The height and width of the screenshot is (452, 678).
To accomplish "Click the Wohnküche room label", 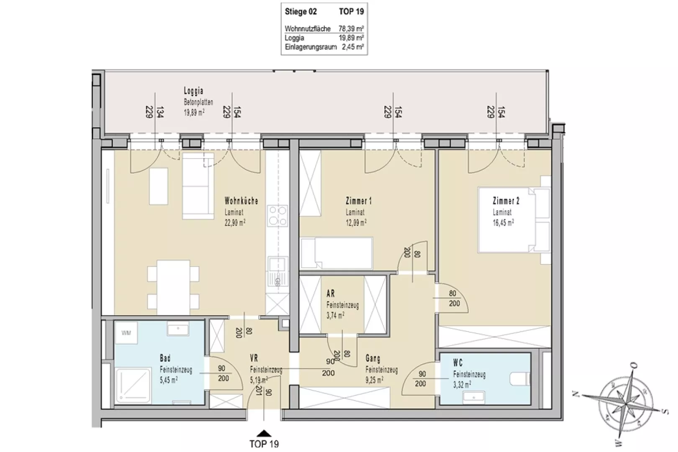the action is coord(241,201).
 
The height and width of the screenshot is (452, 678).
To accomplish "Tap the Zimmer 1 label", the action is coord(359,201).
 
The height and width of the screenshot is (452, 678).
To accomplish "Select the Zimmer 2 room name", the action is coord(506,201).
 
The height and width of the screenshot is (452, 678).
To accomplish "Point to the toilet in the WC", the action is coord(520,379).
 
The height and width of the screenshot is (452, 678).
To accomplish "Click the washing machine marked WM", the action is coord(126,333).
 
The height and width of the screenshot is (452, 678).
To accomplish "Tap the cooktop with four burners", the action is coord(277,216).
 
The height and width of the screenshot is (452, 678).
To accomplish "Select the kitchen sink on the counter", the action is coord(277,271).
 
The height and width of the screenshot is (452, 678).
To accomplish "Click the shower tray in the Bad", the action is coord(133,385).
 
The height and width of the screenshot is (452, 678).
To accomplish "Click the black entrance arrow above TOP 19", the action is coord(264,433).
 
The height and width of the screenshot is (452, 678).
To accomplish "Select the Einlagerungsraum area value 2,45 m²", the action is coord(353,47).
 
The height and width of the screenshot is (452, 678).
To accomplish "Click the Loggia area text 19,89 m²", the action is coord(194,113).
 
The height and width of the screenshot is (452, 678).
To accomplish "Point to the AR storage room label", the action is coord(331,293).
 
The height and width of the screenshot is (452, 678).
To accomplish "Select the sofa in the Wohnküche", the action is coord(198,186).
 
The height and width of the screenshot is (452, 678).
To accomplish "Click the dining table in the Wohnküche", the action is coord(173,287).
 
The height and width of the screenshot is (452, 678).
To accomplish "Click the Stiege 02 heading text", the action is coord(300,11).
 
